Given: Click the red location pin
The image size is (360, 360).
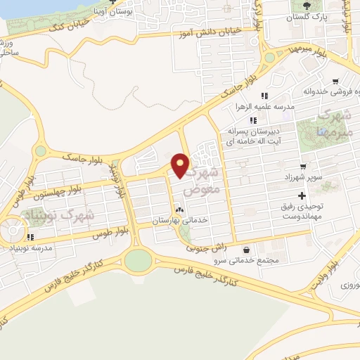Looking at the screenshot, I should click(181, 165).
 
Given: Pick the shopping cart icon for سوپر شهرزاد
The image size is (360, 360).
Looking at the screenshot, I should click(303, 167).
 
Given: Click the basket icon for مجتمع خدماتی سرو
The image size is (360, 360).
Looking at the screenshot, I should click(245, 250).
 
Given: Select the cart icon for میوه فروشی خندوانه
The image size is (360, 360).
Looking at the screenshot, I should click(336, 82).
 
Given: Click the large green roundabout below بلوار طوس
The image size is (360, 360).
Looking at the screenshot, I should click(139, 261).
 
